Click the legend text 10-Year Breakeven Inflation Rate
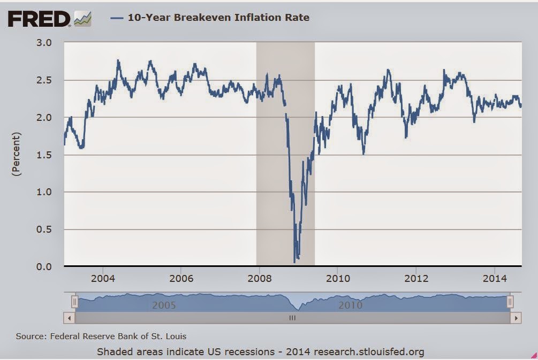218,18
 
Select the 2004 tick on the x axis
103,279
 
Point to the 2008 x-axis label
259,279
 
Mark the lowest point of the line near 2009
294,262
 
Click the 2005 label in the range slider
164,305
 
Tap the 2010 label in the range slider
350,305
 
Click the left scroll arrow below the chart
69,318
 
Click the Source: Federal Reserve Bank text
101,336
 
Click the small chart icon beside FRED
83,19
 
